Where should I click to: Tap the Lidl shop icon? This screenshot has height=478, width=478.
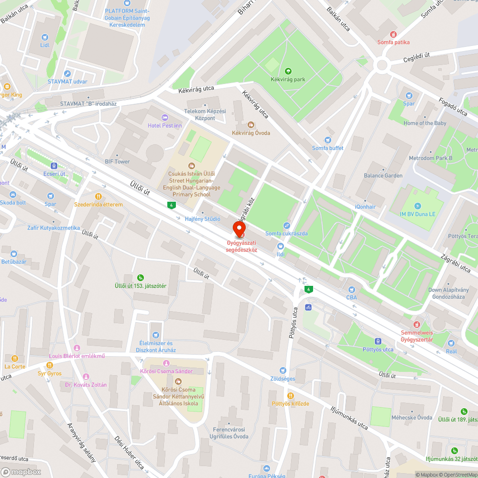[x=45, y=37]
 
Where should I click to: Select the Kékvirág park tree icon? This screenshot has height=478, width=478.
[x=287, y=71]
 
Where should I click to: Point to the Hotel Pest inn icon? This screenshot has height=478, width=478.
[x=165, y=118]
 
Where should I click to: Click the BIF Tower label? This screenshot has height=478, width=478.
[x=117, y=162]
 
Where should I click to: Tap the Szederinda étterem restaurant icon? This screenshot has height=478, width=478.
[x=98, y=196]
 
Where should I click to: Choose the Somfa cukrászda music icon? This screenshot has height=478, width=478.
[x=286, y=225]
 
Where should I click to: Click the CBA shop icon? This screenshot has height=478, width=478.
[x=352, y=290]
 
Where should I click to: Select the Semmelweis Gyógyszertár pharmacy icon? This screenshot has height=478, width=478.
[x=416, y=325]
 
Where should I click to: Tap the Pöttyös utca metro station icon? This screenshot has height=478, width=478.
[x=378, y=342]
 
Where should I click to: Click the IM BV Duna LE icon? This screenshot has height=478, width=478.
[x=418, y=206]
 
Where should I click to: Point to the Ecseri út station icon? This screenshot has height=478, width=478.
[x=54, y=165]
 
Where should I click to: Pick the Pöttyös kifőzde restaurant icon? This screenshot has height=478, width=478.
[x=290, y=395]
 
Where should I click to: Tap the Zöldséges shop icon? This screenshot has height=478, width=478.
[x=282, y=370]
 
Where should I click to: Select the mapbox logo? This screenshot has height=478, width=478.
[x=22, y=472]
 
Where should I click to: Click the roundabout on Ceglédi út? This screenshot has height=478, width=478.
[x=381, y=65]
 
